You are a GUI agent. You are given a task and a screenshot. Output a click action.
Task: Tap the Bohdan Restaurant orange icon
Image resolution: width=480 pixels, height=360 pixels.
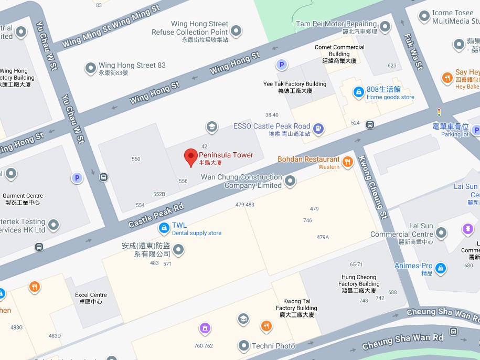(347, 162)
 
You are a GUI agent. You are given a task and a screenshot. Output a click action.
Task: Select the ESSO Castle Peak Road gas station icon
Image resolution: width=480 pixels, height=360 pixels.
(318, 128)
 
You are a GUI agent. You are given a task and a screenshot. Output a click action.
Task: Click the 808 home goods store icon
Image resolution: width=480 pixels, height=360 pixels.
(358, 92)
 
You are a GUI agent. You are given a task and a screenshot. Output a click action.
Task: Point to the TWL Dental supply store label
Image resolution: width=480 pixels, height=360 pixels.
(196, 229)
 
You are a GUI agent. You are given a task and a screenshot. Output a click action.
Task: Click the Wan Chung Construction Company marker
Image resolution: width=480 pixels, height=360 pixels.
(290, 181)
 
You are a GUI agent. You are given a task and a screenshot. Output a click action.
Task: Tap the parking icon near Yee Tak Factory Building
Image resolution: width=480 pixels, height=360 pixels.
(282, 65)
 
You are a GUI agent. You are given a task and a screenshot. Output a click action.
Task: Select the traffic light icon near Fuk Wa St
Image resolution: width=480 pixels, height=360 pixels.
(439, 112)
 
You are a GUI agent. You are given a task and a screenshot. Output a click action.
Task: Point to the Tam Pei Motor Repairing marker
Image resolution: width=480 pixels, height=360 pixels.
(386, 26)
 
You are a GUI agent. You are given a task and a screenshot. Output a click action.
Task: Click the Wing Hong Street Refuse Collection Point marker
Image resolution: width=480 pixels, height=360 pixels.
(237, 30)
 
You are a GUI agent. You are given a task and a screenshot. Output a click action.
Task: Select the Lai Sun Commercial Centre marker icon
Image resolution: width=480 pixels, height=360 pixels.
(441, 232)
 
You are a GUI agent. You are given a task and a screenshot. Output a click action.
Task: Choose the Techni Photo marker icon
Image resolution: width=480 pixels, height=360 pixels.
(243, 345)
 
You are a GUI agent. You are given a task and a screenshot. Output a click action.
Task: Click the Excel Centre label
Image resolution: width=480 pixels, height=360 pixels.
(91, 298)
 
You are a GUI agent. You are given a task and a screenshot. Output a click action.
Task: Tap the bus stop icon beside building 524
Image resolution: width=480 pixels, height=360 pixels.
(370, 125)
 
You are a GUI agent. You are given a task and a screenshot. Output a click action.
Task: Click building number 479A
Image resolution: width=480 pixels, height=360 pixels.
(323, 237)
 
